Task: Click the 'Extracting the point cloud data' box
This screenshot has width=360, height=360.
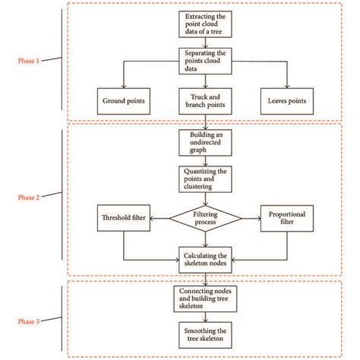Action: [207, 24]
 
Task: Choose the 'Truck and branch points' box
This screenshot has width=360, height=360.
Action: [207, 99]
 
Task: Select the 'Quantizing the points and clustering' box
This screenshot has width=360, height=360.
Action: [207, 180]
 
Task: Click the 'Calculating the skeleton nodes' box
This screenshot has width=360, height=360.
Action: [207, 257]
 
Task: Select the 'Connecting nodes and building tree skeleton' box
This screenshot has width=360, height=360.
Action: [207, 298]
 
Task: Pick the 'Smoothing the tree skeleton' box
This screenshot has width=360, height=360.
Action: [207, 336]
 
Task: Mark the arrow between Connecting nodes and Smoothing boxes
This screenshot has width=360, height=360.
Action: [207, 318]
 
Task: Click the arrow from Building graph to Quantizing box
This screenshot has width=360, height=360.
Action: [207, 161]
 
